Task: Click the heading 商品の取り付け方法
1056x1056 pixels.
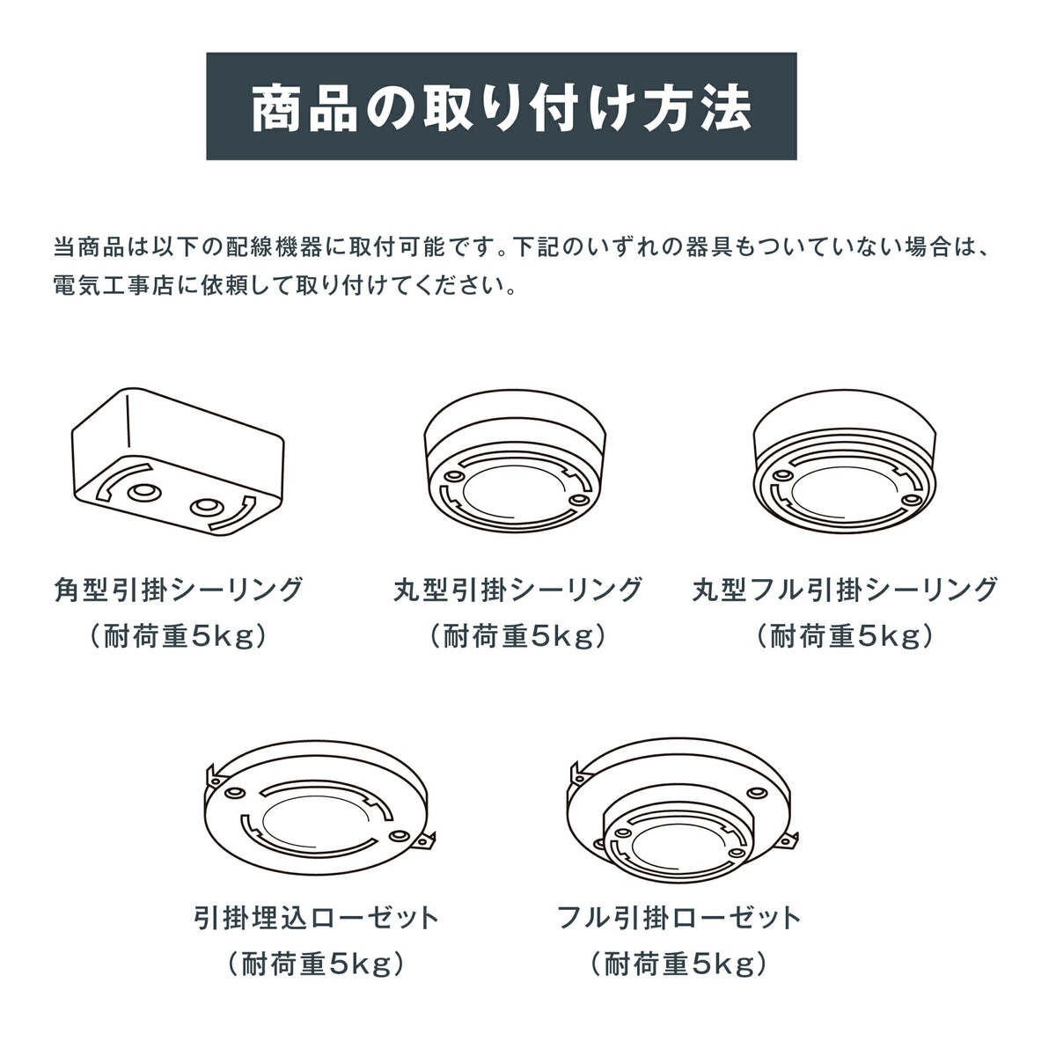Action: click(x=501, y=107)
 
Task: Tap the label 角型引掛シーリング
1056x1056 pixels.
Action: click(x=178, y=589)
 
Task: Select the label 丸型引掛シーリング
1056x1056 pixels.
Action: click(x=517, y=589)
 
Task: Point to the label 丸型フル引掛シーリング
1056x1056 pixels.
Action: click(x=845, y=589)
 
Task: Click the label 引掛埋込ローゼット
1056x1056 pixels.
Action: click(x=316, y=919)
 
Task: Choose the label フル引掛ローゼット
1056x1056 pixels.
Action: click(x=679, y=919)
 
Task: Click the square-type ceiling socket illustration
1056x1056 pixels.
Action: click(x=177, y=461)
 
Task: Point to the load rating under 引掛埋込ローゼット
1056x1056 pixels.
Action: click(x=316, y=964)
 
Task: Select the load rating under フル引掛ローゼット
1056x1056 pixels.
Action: click(x=679, y=964)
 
